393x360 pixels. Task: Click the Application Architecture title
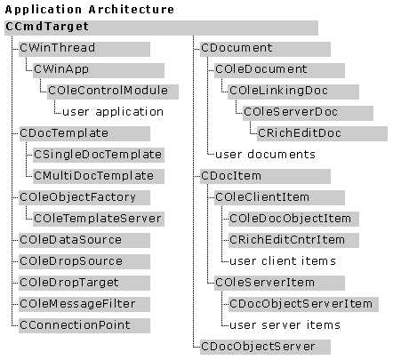(x=90, y=10)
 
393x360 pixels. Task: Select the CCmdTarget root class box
(x=161, y=28)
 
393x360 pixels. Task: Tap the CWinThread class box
(x=84, y=49)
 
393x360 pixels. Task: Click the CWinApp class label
(x=61, y=69)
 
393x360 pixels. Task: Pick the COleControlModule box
(x=113, y=92)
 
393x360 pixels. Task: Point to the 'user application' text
(x=113, y=112)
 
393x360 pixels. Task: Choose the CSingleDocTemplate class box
(x=99, y=156)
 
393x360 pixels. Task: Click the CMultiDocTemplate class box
(x=99, y=177)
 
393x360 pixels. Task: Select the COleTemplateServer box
(x=99, y=220)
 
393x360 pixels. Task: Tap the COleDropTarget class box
(x=84, y=284)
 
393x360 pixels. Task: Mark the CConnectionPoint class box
(x=84, y=326)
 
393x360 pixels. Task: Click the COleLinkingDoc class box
(x=293, y=92)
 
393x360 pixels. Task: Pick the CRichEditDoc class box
(x=322, y=134)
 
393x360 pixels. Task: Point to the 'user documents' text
(x=266, y=155)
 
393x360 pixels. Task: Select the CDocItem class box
(x=265, y=177)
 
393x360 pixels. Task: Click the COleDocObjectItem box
(x=293, y=220)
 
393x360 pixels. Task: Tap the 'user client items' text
(x=283, y=261)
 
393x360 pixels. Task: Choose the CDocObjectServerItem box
(x=303, y=305)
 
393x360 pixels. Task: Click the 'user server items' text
(x=285, y=325)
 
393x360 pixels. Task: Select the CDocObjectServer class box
(x=265, y=348)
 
